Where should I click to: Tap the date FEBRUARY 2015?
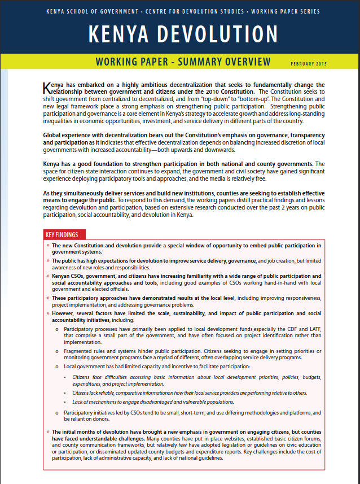click(x=309, y=64)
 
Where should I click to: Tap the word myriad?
click(x=217, y=358)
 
